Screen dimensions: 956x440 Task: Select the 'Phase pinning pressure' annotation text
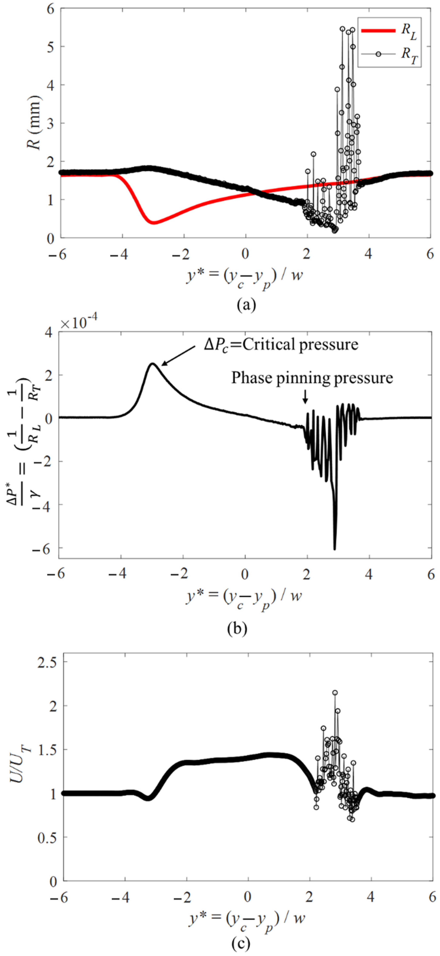point(312,378)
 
